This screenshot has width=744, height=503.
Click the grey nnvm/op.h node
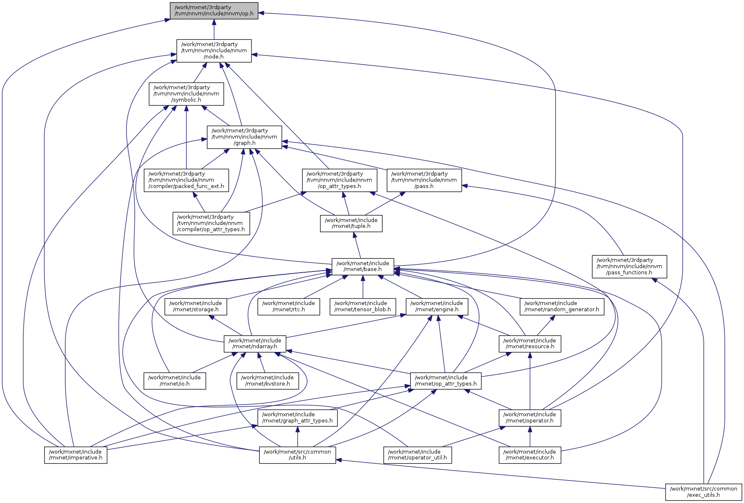(214, 11)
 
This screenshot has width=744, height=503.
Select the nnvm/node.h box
(214, 51)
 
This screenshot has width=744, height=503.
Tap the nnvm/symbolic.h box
(186, 94)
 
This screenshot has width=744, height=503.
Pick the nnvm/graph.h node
(244, 137)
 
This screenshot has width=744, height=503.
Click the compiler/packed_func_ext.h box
(186, 180)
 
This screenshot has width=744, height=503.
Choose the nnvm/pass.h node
(424, 180)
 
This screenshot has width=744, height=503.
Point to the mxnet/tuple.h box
(351, 223)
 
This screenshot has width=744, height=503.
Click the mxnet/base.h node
(363, 266)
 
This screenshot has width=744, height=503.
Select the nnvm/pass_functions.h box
(629, 266)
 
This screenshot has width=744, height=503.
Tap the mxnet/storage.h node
(196, 306)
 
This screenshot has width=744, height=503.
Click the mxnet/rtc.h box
(289, 306)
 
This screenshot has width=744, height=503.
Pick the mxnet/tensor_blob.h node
(363, 306)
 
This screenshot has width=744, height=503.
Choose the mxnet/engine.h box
(437, 306)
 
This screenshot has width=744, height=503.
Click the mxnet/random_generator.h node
(562, 306)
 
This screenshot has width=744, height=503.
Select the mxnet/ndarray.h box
(255, 344)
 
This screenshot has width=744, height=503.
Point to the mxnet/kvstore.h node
(267, 381)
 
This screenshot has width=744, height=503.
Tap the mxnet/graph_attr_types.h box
(298, 418)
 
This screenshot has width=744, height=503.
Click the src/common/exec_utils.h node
(704, 492)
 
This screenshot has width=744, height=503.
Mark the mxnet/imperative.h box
(76, 455)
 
